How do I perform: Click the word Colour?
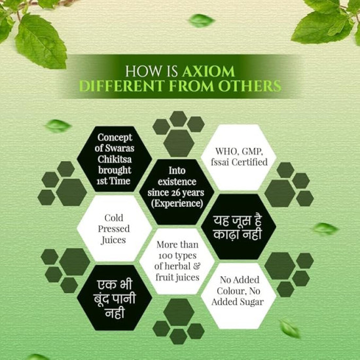click(x=230, y=291)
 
